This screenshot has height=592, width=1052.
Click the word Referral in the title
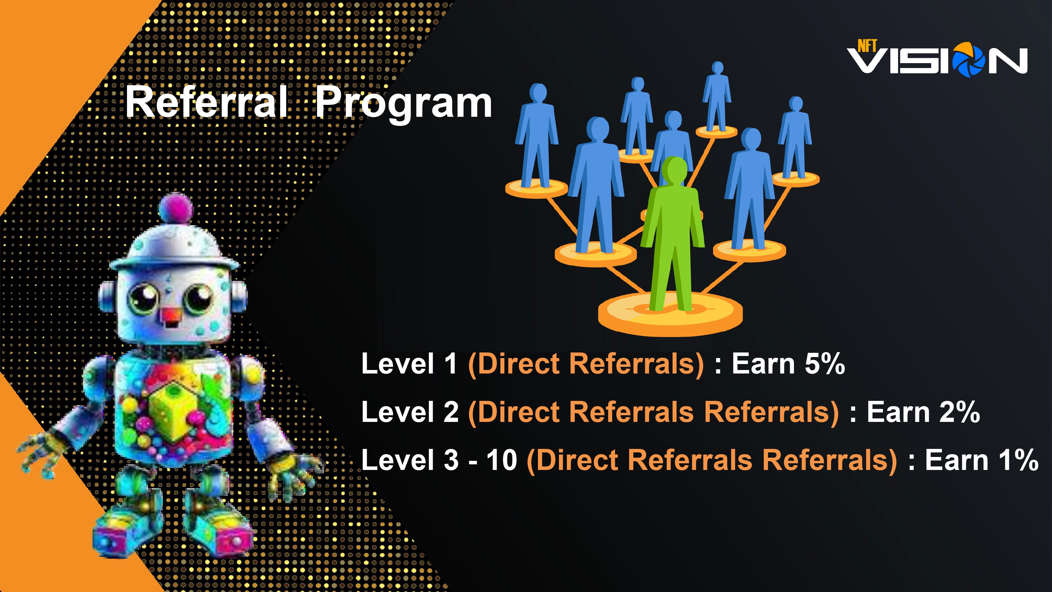(x=206, y=102)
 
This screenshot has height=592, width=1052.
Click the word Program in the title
(x=404, y=104)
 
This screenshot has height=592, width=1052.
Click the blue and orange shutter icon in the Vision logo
(x=968, y=60)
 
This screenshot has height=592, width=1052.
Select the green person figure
(x=672, y=233)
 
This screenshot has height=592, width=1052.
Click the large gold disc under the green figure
(x=670, y=315)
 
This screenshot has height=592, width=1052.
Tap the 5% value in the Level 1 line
(x=824, y=363)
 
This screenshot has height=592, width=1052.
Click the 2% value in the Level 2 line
(x=960, y=411)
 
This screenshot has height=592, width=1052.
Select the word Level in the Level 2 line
(x=397, y=411)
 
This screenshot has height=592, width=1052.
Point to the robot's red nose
(x=171, y=315)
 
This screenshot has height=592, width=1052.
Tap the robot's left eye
(x=143, y=297)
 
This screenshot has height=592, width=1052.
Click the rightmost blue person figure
(x=795, y=137)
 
